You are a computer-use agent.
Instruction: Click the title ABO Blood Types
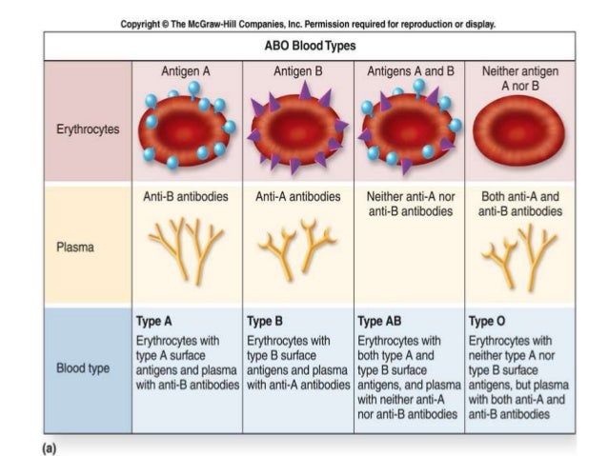tap(304, 45)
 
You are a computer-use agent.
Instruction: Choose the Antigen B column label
tap(298, 70)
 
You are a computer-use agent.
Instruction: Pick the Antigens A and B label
tap(411, 70)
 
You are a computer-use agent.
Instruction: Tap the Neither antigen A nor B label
tap(520, 78)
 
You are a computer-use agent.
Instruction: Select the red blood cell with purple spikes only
tap(298, 128)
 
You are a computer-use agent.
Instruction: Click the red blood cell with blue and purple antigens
tap(410, 128)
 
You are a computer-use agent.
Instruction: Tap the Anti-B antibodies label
tap(187, 197)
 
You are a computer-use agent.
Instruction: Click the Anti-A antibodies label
tap(298, 197)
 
